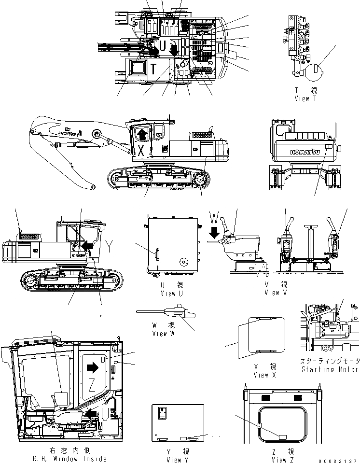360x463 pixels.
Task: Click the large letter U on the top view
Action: coord(163,46)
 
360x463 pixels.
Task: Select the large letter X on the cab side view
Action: coord(141,150)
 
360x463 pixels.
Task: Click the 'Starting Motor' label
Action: coord(330,369)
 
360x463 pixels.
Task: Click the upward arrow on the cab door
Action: coord(141,133)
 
